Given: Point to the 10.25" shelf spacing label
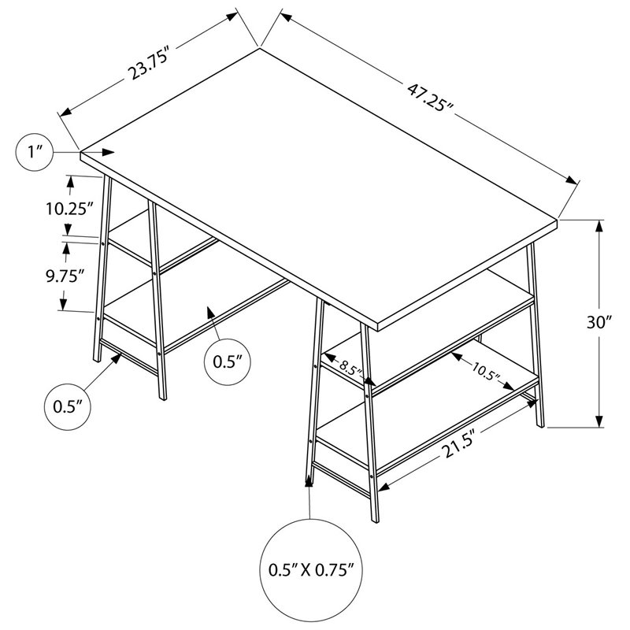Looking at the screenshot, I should pos(69,209).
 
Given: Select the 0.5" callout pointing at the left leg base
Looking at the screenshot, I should pos(70,407).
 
